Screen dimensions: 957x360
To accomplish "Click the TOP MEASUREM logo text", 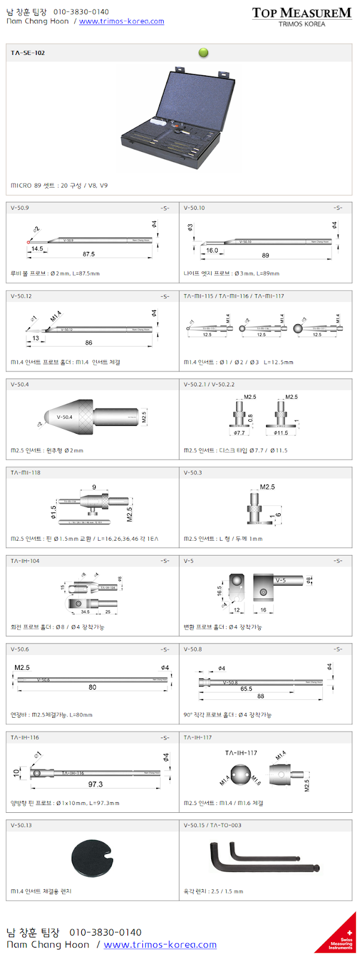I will pyautogui.click(x=301, y=13).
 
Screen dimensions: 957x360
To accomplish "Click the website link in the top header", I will pyautogui.click(x=121, y=22).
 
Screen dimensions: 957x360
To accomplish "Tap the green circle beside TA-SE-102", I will pyautogui.click(x=203, y=53).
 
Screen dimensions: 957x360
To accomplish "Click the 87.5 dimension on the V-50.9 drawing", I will pyautogui.click(x=89, y=254).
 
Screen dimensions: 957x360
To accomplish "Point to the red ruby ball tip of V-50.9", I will pyautogui.click(x=28, y=242).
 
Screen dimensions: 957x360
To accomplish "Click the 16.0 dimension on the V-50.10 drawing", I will pyautogui.click(x=212, y=251).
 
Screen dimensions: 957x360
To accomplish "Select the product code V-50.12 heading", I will pyautogui.click(x=22, y=296).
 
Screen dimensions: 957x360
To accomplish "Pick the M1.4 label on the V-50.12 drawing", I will pyautogui.click(x=55, y=316).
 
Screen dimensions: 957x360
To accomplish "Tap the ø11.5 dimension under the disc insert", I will pyautogui.click(x=281, y=432).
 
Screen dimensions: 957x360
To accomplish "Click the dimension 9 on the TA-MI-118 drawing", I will pyautogui.click(x=94, y=487).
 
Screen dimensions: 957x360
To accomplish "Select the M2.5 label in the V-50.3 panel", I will pyautogui.click(x=267, y=487).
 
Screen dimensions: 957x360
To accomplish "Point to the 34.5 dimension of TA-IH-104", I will pyautogui.click(x=85, y=612).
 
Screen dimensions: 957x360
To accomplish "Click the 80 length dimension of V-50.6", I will pyautogui.click(x=92, y=687).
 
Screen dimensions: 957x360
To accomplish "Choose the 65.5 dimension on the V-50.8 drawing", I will pyautogui.click(x=246, y=688).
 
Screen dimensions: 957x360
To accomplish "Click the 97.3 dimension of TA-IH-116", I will pyautogui.click(x=95, y=784).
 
